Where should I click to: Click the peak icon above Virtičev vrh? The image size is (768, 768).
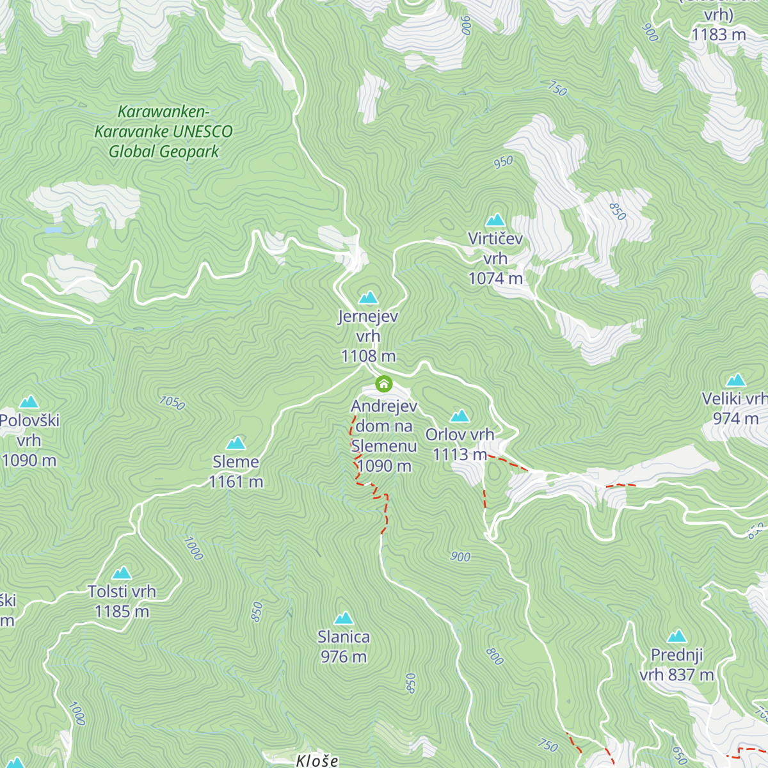(495, 221)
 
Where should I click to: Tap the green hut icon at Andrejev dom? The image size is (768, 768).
(383, 383)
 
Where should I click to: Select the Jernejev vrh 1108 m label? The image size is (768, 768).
(368, 336)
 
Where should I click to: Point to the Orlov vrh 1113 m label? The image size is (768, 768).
(460, 444)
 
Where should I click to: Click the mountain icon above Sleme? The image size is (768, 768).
(236, 444)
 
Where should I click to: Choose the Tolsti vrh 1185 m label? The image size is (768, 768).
(122, 602)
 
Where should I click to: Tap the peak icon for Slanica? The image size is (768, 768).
(344, 618)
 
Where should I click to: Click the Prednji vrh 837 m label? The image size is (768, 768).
(676, 665)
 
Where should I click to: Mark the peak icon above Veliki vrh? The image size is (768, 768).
(736, 381)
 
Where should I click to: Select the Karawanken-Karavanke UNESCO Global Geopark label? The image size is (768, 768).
(164, 132)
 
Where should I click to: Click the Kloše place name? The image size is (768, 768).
(317, 761)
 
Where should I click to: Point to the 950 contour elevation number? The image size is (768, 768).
(503, 162)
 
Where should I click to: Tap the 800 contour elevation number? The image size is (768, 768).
(494, 656)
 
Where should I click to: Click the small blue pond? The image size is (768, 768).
(53, 230)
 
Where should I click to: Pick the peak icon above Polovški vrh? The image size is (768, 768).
(29, 403)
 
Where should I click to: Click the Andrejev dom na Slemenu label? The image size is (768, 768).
(383, 436)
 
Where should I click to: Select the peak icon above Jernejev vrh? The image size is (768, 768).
(368, 298)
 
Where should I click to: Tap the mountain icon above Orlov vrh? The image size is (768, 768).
(460, 417)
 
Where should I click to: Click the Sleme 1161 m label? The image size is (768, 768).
(236, 472)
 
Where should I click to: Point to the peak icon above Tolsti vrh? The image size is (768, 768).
(122, 573)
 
